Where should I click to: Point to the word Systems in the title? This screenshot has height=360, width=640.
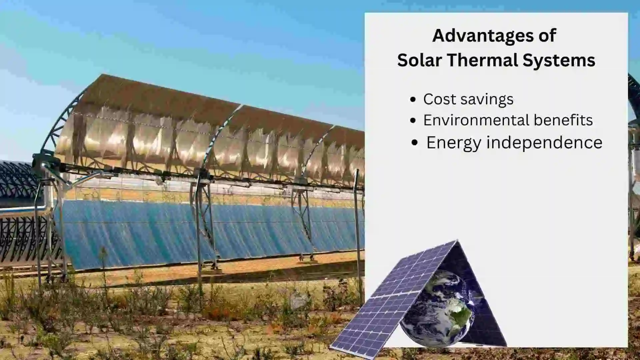559,60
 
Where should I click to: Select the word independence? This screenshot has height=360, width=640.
544,143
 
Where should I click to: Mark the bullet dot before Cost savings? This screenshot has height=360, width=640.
413,99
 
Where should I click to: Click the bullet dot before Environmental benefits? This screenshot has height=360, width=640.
413,121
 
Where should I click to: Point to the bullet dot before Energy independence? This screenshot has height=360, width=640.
415,143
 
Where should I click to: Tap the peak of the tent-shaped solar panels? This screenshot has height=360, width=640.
457,241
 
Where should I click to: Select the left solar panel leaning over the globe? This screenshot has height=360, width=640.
393,300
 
